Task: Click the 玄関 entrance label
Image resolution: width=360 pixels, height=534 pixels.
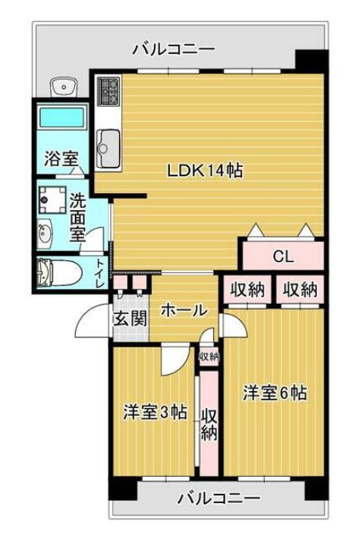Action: [x=131, y=317]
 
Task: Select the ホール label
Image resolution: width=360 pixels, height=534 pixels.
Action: [x=184, y=311]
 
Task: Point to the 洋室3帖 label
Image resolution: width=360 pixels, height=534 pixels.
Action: [x=155, y=412]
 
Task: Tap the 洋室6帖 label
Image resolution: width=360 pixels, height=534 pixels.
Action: [x=275, y=393]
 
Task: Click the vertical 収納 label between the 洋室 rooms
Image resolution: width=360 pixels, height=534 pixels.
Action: [x=209, y=424]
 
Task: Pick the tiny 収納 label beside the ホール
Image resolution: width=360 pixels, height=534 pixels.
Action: [x=209, y=356]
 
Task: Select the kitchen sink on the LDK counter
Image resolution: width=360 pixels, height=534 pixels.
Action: [x=107, y=143]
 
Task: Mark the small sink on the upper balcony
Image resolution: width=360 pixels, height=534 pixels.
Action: [x=64, y=87]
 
